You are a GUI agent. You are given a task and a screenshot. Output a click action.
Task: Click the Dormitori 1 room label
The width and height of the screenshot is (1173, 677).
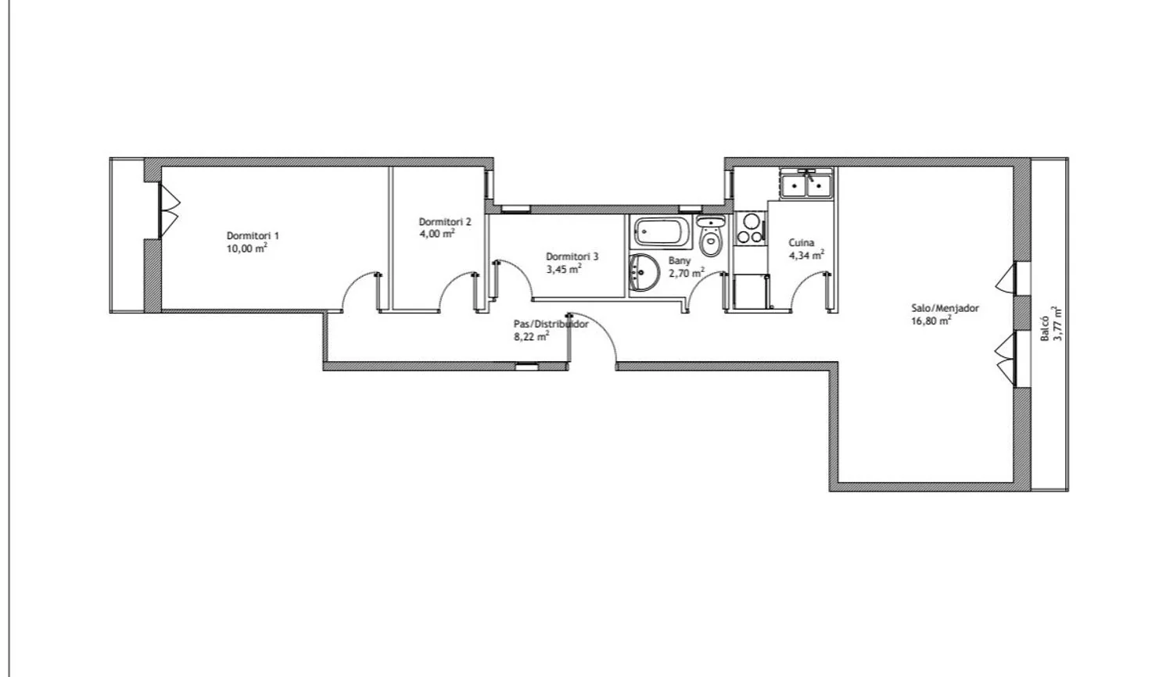click(x=253, y=235)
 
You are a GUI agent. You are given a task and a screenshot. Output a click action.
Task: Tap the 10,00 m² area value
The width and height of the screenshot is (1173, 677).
click(x=246, y=248)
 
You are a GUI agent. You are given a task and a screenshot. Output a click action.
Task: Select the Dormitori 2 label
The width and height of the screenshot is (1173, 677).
click(x=445, y=221)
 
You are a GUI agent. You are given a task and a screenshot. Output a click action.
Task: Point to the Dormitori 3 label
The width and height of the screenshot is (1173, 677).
click(x=572, y=256)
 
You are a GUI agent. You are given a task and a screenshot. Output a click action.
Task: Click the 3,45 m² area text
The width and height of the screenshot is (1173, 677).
click(x=564, y=269)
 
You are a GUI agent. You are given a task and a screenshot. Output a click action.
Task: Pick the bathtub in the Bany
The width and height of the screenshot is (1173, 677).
click(x=662, y=232)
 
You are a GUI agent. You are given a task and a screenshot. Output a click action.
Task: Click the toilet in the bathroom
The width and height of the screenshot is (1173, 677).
click(x=711, y=236)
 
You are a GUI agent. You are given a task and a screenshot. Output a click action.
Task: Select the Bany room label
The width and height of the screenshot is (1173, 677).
click(x=680, y=261)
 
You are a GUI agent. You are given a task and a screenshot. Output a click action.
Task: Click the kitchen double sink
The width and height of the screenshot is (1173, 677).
click(x=806, y=184)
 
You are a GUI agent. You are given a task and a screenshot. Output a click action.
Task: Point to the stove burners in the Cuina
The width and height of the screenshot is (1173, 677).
click(x=749, y=229)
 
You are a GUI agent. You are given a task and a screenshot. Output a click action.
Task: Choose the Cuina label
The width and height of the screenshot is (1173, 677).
click(x=802, y=243)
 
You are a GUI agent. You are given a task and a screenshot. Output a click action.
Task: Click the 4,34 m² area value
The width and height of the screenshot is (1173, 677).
click(x=807, y=256)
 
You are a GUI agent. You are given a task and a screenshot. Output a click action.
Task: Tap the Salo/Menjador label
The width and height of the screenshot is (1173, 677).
click(x=945, y=308)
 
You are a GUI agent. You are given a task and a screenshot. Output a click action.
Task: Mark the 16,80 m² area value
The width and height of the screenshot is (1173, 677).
click(x=931, y=321)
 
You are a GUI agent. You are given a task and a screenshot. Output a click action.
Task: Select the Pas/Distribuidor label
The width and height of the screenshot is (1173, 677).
click(x=551, y=324)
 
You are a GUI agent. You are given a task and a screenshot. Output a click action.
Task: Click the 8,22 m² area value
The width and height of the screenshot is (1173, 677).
click(x=532, y=337)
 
